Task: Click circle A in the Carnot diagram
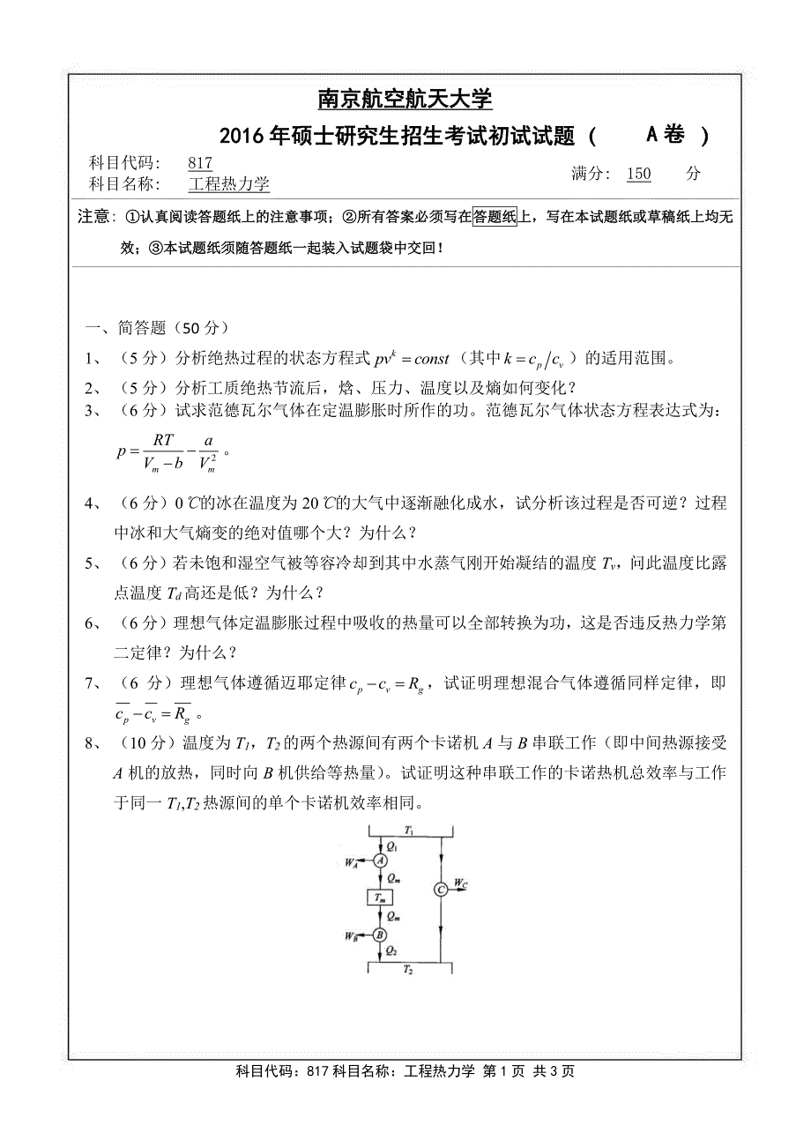381,860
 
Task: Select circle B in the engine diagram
380,936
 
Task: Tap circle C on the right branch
441,891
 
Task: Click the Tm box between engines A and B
380,898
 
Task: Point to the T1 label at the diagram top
408,831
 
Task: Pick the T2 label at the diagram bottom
407,969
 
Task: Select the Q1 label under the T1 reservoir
392,845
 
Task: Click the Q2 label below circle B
391,950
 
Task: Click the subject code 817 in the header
200,162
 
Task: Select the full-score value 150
638,174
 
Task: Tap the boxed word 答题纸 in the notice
495,217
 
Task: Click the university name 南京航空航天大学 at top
405,99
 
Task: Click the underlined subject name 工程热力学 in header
229,183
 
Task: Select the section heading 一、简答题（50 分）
156,328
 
